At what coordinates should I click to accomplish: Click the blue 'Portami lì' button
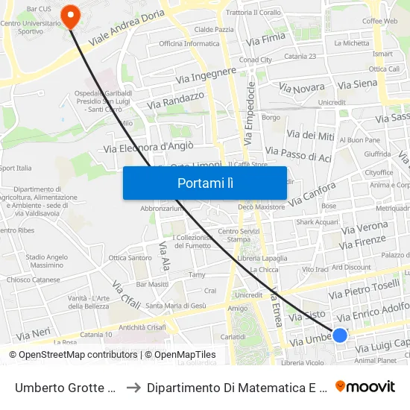[204, 183]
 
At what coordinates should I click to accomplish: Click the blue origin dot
[340, 335]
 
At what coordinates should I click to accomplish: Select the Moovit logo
[365, 386]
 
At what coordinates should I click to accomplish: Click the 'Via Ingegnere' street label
[206, 75]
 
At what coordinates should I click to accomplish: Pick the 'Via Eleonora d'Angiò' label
[149, 148]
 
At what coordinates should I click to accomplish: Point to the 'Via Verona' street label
[364, 227]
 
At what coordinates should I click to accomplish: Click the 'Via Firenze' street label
[362, 243]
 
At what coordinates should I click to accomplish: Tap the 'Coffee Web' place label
[379, 22]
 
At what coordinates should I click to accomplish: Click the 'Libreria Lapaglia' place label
[262, 258]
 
